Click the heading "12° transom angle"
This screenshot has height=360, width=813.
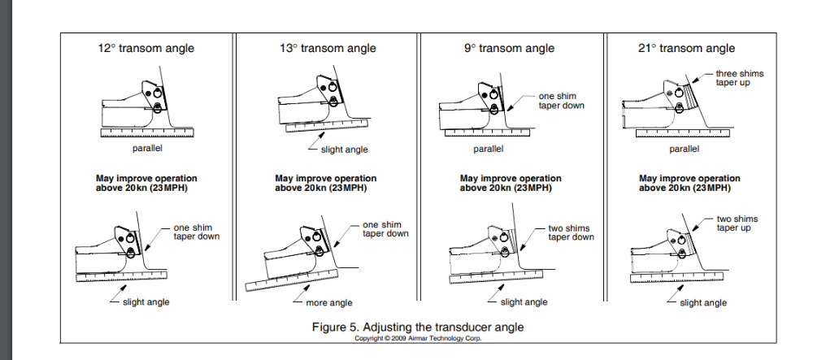(146, 48)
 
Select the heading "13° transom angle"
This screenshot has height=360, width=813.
(328, 48)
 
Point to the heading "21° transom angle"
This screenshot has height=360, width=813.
(687, 48)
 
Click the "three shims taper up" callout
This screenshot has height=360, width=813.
(739, 78)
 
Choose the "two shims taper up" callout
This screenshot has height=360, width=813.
(737, 223)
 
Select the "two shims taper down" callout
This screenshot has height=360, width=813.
(570, 232)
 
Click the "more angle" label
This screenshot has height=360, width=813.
(328, 303)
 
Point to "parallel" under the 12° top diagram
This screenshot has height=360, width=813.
(146, 149)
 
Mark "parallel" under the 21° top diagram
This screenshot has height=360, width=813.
(684, 149)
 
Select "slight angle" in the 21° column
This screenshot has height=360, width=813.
(703, 303)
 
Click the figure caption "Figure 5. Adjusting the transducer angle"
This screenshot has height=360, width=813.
(418, 327)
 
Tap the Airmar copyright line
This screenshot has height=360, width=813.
(418, 338)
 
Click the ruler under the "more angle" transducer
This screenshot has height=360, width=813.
(293, 273)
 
